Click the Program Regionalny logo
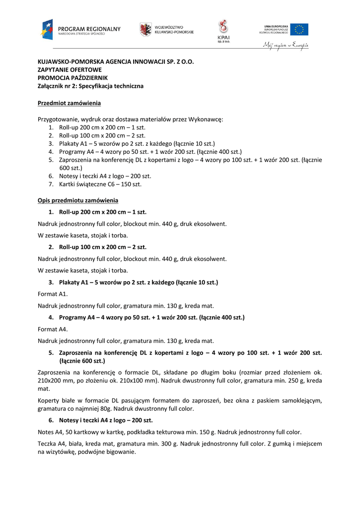click(81, 30)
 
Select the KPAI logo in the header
click(223, 31)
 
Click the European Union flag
click(299, 29)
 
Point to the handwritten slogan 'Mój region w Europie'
click(286, 45)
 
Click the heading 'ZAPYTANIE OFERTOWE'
click(70, 70)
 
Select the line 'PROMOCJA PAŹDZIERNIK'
click(72, 78)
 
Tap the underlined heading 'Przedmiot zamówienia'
click(69, 103)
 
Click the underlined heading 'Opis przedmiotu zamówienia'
click(78, 200)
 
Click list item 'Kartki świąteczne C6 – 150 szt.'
click(100, 184)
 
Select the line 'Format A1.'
click(53, 294)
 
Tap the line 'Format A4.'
click(53, 329)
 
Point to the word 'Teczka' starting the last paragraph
click(47, 444)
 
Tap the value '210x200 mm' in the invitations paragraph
click(54, 381)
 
